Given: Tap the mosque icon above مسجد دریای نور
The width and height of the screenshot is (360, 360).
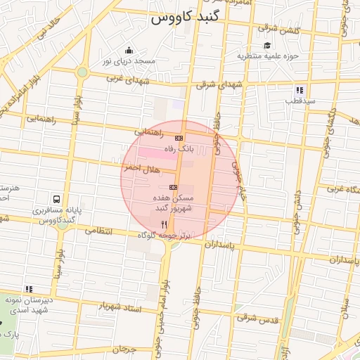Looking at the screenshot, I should [129, 50].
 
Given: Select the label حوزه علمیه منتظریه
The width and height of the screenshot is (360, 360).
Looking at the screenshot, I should [268, 55].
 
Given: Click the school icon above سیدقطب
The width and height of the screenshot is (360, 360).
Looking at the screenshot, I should [300, 90].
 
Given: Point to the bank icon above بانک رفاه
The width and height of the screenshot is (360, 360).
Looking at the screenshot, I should [179, 138].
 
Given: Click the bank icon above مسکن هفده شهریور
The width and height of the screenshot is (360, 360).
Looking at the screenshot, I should [173, 188].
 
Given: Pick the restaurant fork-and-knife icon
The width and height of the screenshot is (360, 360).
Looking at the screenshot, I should [164, 224].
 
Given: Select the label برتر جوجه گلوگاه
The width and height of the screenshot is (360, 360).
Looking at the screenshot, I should [164, 235].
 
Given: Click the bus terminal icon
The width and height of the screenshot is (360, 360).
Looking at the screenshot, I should [56, 199].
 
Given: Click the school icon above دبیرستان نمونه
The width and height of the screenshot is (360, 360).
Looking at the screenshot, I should [29, 289].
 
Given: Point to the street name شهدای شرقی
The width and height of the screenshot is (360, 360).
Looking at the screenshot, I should [215, 84].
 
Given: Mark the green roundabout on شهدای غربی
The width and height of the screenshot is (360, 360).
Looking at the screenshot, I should [82, 72].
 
